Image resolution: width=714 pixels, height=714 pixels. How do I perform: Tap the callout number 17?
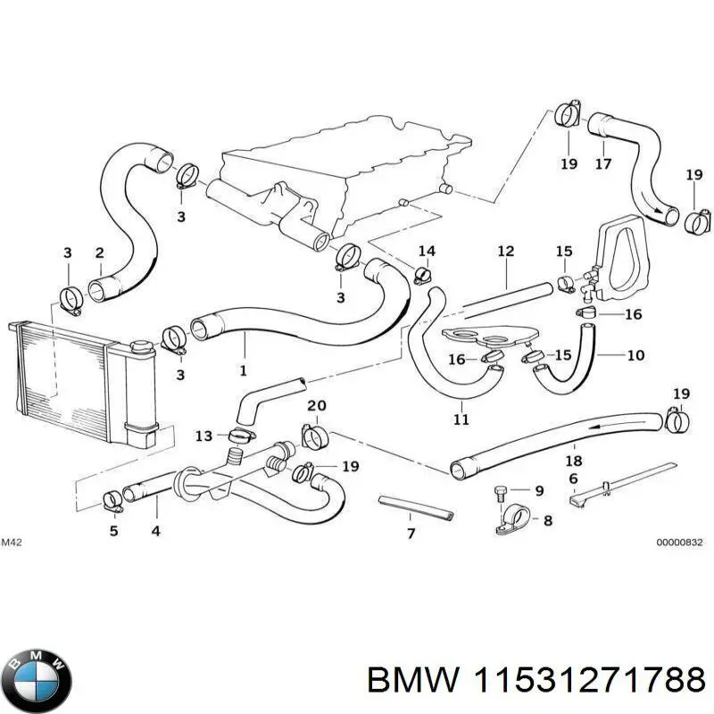(x=603, y=164)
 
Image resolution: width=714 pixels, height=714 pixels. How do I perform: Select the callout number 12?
(x=506, y=252)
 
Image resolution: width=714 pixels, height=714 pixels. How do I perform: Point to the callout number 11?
(x=461, y=419)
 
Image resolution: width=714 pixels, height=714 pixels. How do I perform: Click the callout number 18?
(x=574, y=461)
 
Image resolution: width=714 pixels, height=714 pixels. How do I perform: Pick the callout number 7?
(x=411, y=535)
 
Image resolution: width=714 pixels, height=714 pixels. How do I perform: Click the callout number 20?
(x=317, y=406)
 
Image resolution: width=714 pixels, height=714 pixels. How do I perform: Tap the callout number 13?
(x=204, y=436)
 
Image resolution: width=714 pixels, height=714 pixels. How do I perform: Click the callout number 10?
(x=635, y=355)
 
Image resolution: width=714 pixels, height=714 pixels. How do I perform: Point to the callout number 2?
(x=100, y=253)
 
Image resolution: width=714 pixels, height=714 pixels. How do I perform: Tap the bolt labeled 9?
(x=502, y=492)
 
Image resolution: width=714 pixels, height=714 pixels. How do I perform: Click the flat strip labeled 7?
(x=417, y=509)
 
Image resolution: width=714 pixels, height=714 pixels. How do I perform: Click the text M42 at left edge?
(x=12, y=542)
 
